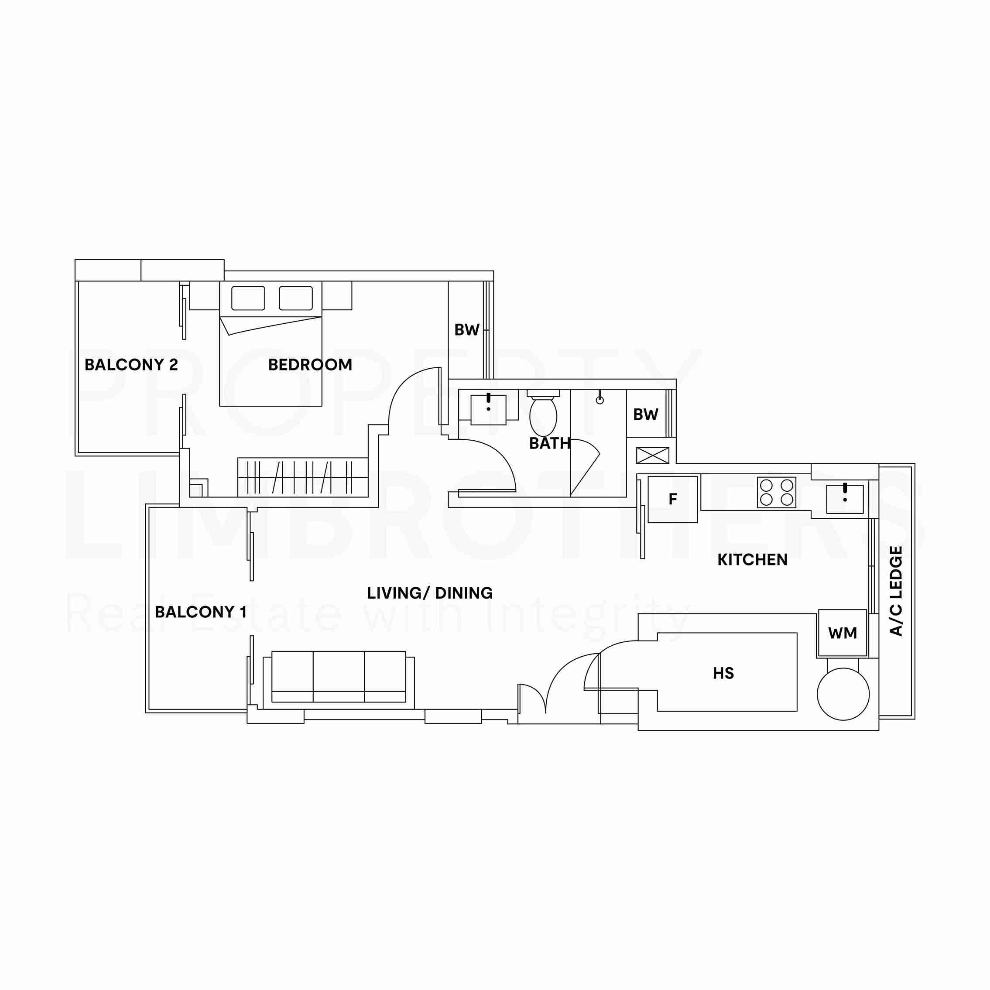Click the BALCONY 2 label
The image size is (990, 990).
(x=131, y=365)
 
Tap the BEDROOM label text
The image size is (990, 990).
(x=310, y=365)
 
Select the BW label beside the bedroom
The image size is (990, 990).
(x=467, y=330)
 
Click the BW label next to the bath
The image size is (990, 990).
(x=646, y=414)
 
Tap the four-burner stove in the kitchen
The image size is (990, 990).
(x=776, y=493)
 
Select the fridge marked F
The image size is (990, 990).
(x=673, y=499)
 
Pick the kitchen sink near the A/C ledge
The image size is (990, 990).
(x=844, y=499)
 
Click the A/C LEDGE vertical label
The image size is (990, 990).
(x=896, y=591)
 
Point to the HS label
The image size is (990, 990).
(x=723, y=673)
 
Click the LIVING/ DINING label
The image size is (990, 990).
(x=429, y=593)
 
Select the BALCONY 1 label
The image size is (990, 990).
(x=200, y=612)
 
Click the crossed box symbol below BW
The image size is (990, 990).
(x=652, y=455)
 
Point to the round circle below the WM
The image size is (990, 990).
(x=843, y=694)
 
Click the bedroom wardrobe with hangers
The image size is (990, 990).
(x=302, y=477)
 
